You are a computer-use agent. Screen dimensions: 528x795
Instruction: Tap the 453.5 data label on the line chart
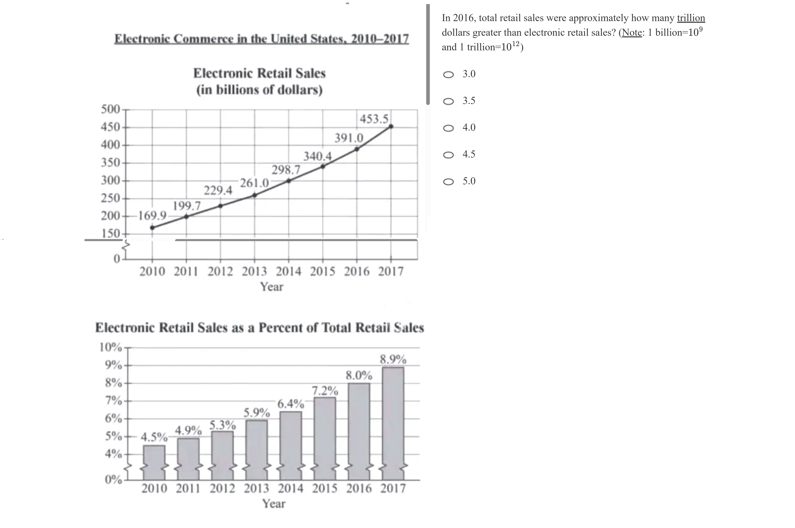coord(374,119)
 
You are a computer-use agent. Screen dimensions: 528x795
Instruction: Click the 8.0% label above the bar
coord(359,375)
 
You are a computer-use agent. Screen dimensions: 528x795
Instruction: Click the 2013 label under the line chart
coord(254,271)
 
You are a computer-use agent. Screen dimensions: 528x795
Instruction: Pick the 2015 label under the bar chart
coord(324,488)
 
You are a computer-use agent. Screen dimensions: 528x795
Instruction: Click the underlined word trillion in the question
coord(691,18)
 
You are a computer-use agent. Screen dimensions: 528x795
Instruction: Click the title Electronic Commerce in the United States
coord(261,39)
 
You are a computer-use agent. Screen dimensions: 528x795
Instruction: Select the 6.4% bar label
coord(291,403)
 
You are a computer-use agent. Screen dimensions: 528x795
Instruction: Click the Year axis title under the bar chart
coord(274,504)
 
